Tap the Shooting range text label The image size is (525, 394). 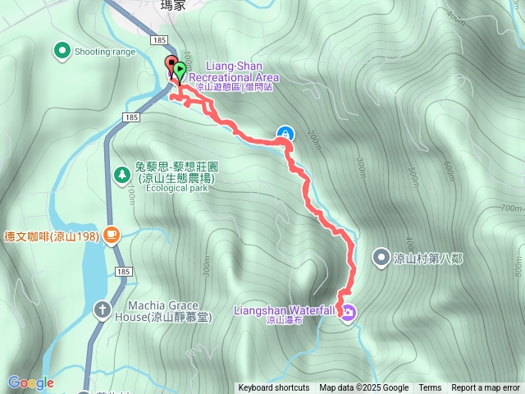pos(105,52)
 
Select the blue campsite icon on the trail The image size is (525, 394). pos(285,133)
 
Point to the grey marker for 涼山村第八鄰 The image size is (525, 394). pos(381,258)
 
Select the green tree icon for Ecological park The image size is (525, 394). pos(122,174)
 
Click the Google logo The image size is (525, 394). pos(30,383)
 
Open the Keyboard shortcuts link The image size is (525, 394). pos(274,388)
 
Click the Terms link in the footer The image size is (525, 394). pos(430,388)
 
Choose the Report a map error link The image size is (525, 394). pos(486,388)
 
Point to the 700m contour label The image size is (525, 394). pos(510,208)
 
